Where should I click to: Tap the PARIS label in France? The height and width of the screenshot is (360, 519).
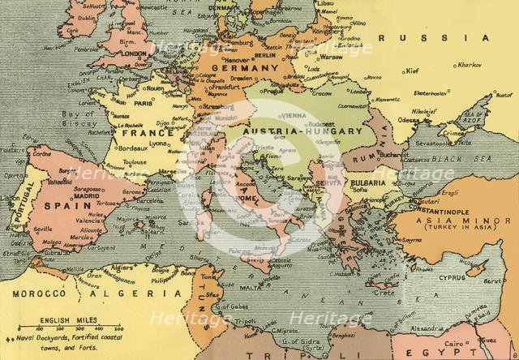point(144,104)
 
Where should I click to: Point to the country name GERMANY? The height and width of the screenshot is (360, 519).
point(239,69)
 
